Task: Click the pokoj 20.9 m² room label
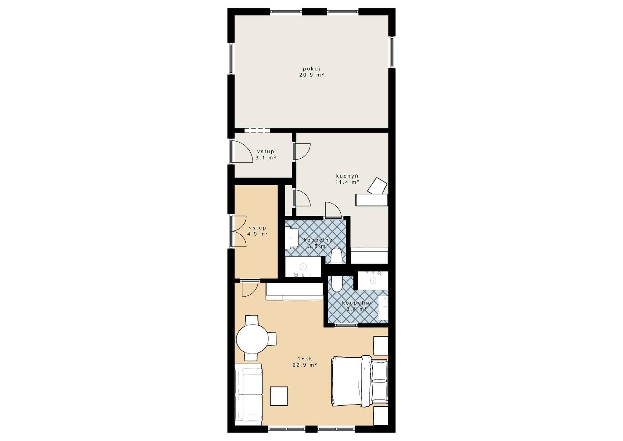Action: [x=311, y=72]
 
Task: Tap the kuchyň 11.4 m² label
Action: [x=347, y=179]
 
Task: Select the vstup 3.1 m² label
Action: [x=265, y=154]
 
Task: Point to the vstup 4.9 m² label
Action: [x=258, y=231]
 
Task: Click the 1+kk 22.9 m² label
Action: [x=305, y=362]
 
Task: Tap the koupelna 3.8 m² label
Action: [x=318, y=243]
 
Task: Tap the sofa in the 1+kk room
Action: [x=249, y=398]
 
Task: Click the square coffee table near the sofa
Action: [x=279, y=396]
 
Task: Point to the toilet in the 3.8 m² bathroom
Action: [x=337, y=255]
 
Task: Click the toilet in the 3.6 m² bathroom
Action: [x=337, y=284]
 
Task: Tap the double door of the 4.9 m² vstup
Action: [x=239, y=231]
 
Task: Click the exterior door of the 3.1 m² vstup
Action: [x=241, y=151]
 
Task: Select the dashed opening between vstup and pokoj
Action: [x=257, y=130]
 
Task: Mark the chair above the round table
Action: [x=252, y=320]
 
